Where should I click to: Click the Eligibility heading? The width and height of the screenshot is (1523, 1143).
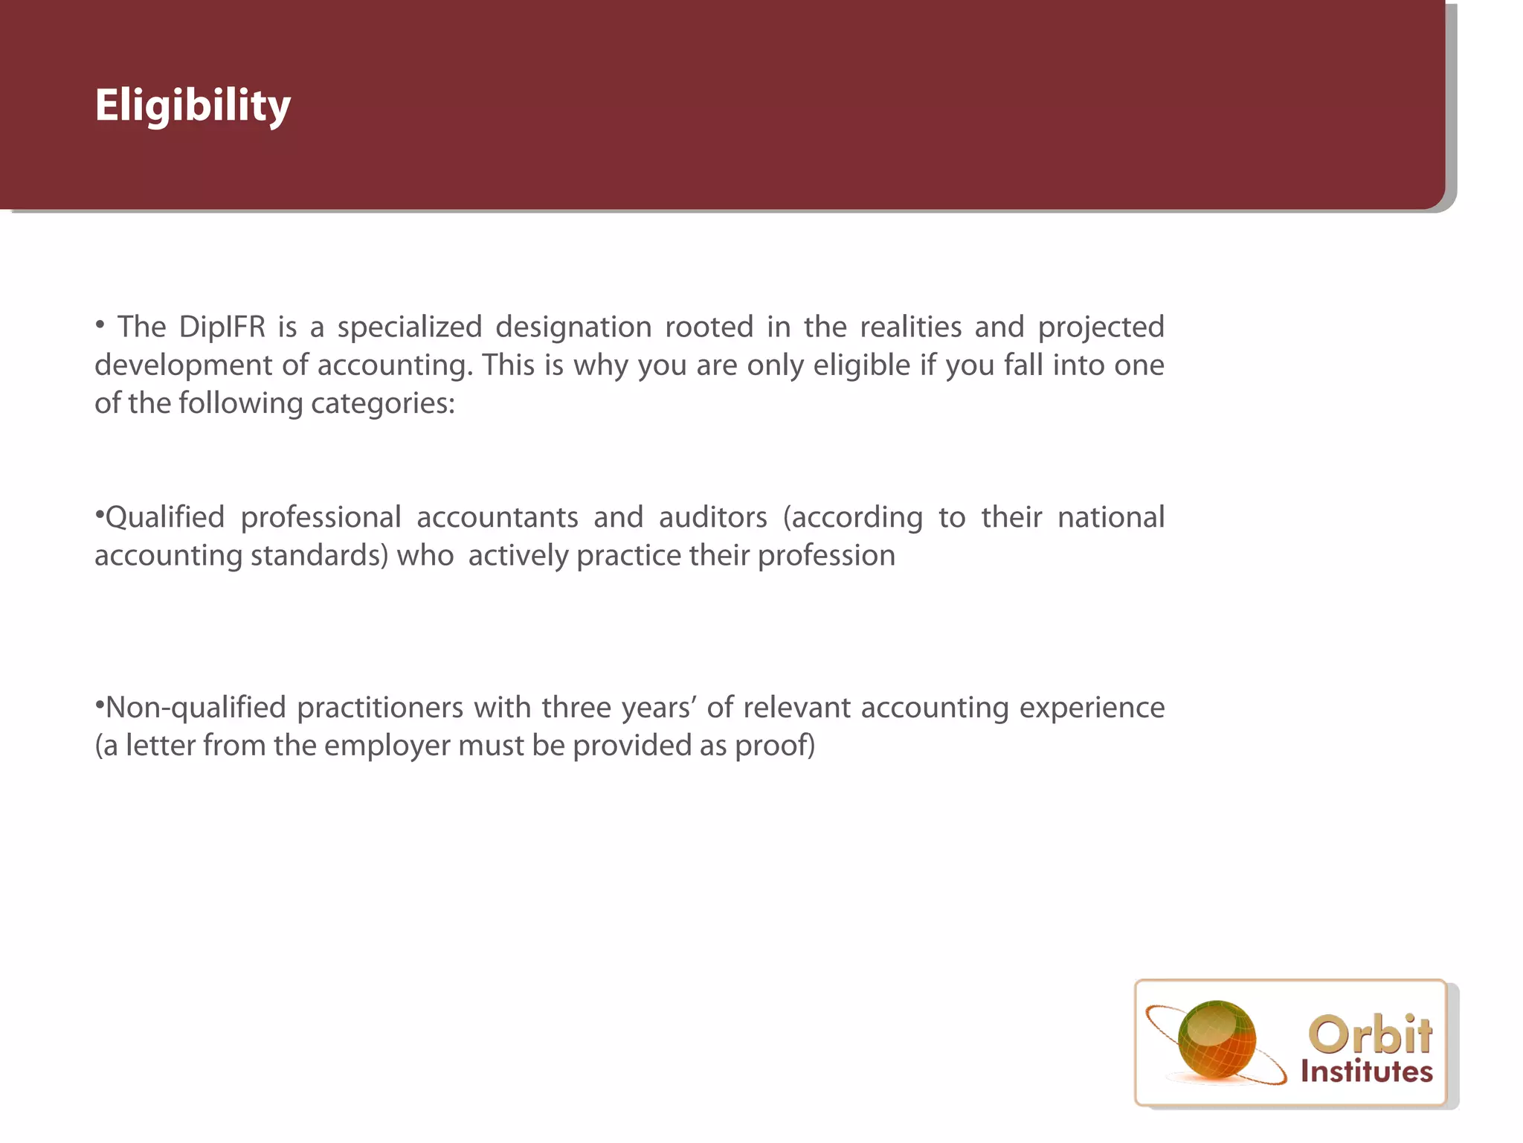(193, 106)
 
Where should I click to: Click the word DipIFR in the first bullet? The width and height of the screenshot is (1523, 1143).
(222, 327)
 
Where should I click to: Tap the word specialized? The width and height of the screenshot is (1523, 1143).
(410, 327)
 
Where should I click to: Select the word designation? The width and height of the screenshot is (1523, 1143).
(573, 327)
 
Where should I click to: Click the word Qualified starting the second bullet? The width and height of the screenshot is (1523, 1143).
(164, 517)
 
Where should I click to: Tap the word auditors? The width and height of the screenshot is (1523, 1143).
(712, 517)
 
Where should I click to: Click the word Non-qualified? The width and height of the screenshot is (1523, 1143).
(195, 708)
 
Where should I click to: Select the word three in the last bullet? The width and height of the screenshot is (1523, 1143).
(576, 708)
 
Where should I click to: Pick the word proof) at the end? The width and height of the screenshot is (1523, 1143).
(775, 746)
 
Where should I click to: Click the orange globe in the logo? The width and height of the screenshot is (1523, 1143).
(1217, 1040)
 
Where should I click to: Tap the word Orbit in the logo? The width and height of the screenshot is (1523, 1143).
(1369, 1034)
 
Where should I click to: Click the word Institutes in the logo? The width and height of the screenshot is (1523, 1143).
(1366, 1072)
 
